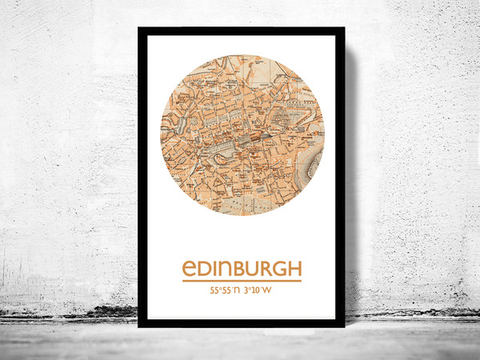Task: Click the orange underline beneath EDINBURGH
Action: click(242, 281)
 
